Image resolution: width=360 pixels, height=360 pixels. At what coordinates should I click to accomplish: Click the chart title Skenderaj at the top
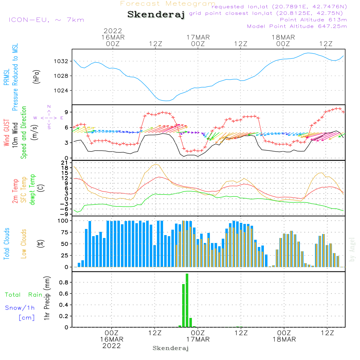156,15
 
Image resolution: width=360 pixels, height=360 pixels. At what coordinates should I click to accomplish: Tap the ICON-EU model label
46,20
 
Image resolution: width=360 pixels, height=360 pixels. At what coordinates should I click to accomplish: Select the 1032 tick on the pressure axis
62,61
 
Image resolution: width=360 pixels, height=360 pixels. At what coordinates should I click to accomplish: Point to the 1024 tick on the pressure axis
62,91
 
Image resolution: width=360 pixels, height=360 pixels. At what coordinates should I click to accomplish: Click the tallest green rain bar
187,300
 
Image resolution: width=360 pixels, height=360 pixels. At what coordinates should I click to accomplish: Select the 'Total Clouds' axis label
6,244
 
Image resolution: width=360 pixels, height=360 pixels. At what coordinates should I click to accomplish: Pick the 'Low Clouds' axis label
24,244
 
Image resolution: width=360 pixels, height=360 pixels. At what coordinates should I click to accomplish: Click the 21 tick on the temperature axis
66,163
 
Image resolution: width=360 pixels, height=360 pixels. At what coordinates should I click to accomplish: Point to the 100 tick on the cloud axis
63,221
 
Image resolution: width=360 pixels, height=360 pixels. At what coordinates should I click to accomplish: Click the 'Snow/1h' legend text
20,308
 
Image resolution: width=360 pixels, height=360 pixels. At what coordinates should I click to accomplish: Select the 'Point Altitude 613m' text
313,20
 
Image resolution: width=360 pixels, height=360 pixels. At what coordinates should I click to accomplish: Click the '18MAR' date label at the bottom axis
284,339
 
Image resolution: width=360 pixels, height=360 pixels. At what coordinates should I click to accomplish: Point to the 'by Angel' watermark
352,249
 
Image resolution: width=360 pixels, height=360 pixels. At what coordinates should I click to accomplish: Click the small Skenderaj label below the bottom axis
171,348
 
